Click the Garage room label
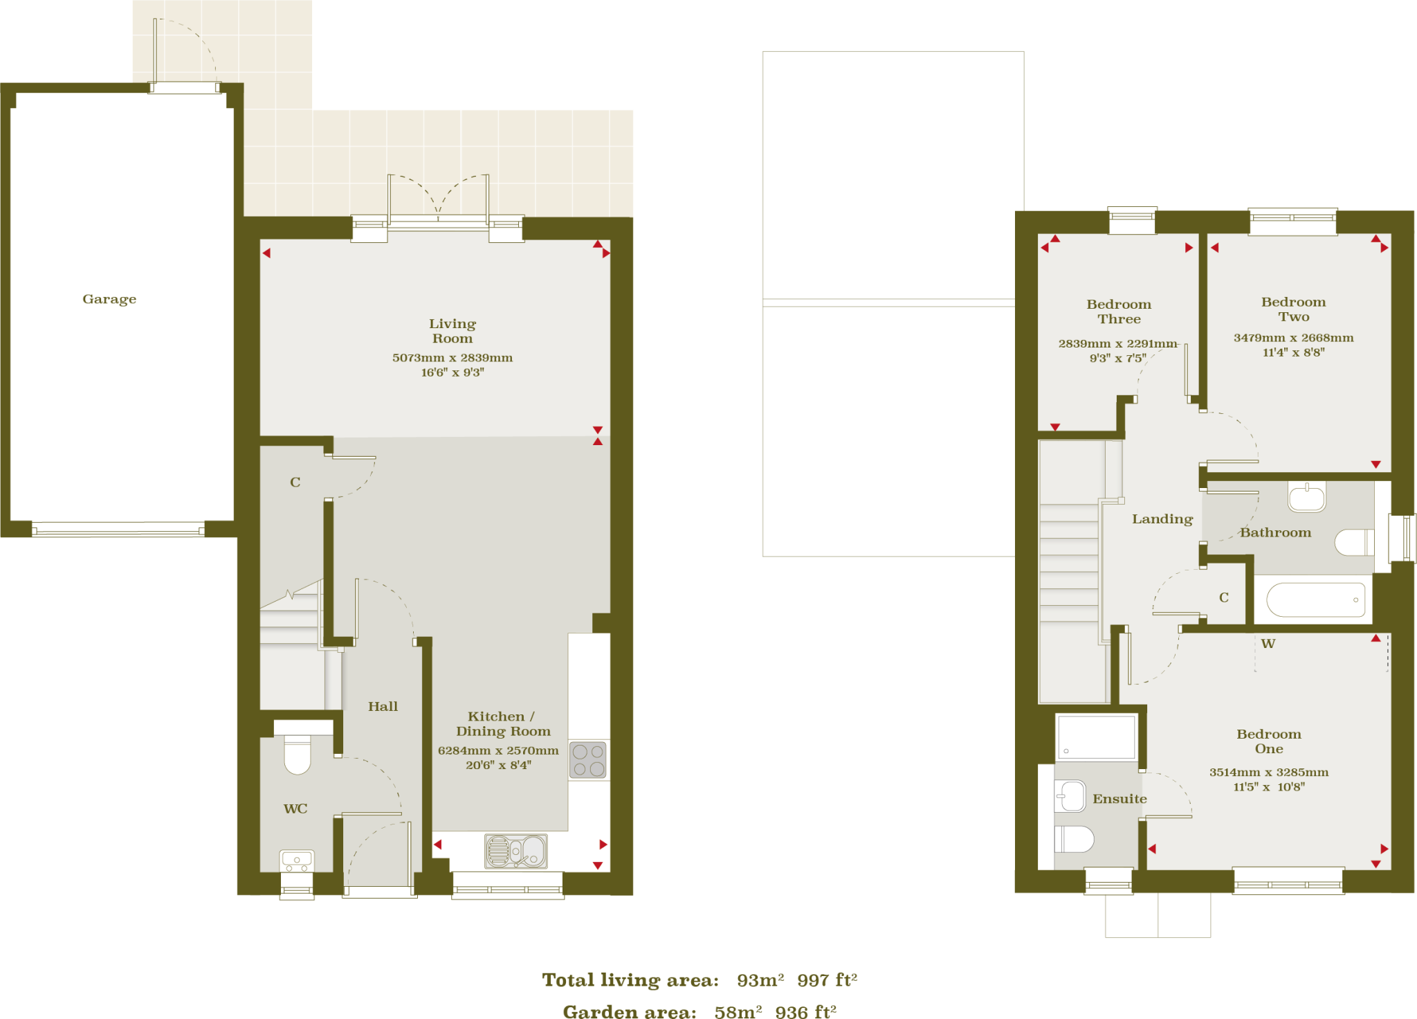pos(109,299)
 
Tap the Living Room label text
pos(452,331)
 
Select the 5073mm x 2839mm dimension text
pos(452,358)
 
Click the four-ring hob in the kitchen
pos(588,760)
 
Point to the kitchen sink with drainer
pos(516,851)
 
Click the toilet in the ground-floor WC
pos(298,755)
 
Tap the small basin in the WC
pos(297,861)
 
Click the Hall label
pos(383,707)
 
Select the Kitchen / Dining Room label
pos(503,724)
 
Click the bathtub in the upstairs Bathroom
pos(1315,599)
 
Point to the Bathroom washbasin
pos(1306,497)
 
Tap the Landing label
pos(1162,519)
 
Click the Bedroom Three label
pos(1119,312)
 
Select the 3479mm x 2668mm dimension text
pos(1293,338)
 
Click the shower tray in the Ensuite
pos(1096,737)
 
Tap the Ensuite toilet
pos(1075,839)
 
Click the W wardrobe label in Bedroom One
pos(1268,644)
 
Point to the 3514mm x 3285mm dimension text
pos(1269,773)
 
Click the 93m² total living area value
pos(760,980)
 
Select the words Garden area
pos(630,1011)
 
